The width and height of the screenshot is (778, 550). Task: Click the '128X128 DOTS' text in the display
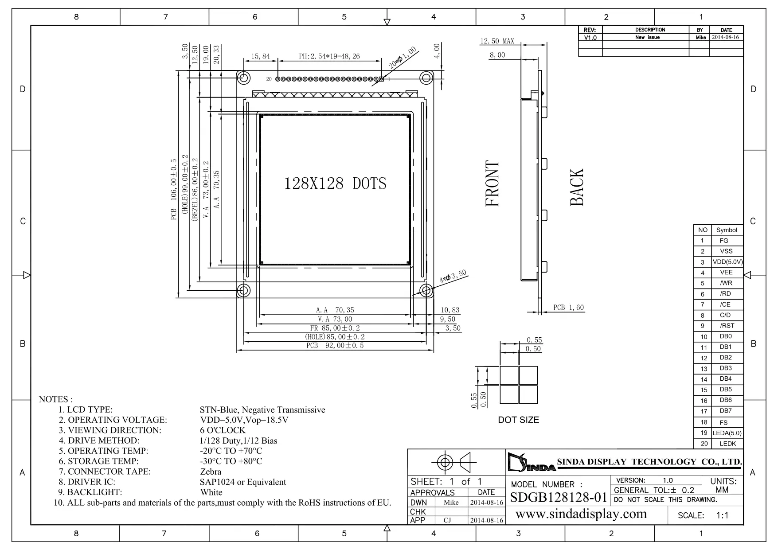[x=335, y=183]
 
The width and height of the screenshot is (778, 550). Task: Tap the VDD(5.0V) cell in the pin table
[x=727, y=262]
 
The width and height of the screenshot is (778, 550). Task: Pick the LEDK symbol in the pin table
[x=727, y=444]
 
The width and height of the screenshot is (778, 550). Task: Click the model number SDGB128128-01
[x=558, y=497]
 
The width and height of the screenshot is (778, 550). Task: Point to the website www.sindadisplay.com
[x=581, y=514]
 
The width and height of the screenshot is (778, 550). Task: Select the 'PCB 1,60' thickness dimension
[x=568, y=307]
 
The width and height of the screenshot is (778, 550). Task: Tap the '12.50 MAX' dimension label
[x=497, y=41]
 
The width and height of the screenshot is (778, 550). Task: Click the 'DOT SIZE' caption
[x=519, y=420]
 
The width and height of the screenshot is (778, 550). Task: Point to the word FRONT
[x=493, y=183]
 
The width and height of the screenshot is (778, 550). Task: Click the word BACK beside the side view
[x=576, y=187]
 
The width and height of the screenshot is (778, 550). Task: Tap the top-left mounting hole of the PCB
[x=243, y=78]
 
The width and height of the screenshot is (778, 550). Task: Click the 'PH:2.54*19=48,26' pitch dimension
[x=329, y=56]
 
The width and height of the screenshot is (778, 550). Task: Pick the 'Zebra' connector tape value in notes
[x=211, y=472]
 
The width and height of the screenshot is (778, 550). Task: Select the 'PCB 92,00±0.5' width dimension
[x=335, y=345]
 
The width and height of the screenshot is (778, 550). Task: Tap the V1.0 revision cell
[x=590, y=38]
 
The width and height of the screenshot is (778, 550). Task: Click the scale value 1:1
[x=723, y=515]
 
